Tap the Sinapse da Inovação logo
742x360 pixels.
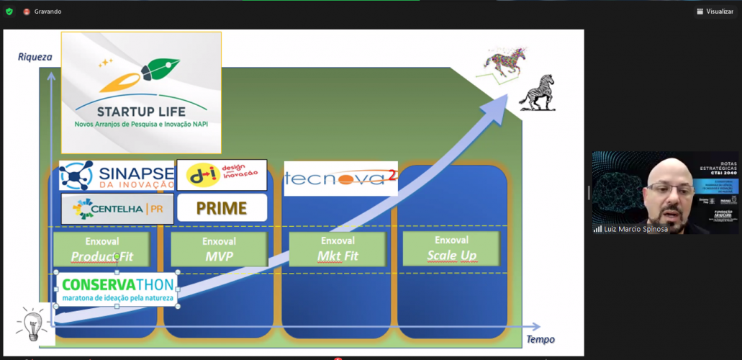pos(116,175)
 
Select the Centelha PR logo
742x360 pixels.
pos(117,209)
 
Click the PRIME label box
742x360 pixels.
pos(222,208)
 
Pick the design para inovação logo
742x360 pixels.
pos(222,175)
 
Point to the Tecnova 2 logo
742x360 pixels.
pos(340,179)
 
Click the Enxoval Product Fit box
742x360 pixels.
pos(101,249)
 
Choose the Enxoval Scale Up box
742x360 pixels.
pos(451,248)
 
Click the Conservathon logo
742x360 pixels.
pos(116,289)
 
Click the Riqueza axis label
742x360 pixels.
pos(35,57)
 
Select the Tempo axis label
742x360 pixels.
pos(540,339)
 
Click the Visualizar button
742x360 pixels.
pos(715,12)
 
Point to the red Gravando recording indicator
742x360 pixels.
pos(27,12)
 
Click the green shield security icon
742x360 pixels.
pos(9,12)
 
